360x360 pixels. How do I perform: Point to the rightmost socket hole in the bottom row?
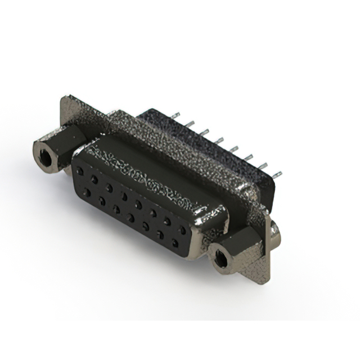pyautogui.click(x=175, y=244)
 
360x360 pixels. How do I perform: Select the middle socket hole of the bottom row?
pyautogui.click(x=131, y=217)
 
